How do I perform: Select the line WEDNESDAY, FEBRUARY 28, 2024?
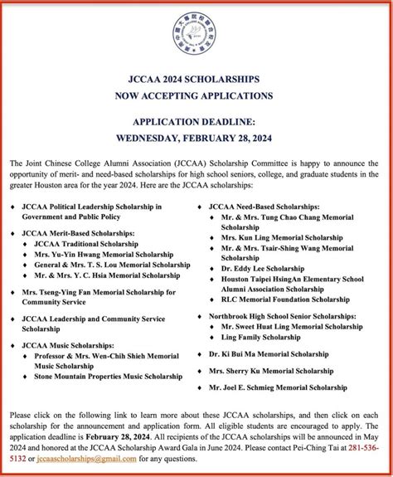click(196, 129)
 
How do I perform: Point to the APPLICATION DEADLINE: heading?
click(196, 117)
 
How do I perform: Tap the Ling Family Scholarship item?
click(261, 338)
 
